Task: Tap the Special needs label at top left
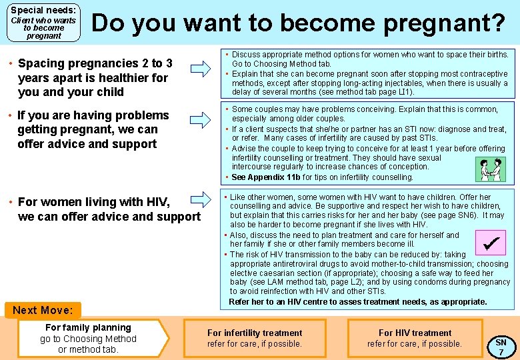[x=43, y=11]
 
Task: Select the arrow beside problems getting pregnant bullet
[x=199, y=120]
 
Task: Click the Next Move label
[x=43, y=310]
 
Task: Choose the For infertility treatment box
[x=255, y=338]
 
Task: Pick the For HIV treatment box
[x=415, y=338]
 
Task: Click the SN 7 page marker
[x=501, y=347]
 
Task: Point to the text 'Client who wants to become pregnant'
[x=43, y=28]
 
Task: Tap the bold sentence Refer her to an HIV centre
[x=358, y=302]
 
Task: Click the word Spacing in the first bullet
[x=41, y=63]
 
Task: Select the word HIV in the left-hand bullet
[x=157, y=202]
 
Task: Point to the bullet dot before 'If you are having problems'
[x=10, y=116]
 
